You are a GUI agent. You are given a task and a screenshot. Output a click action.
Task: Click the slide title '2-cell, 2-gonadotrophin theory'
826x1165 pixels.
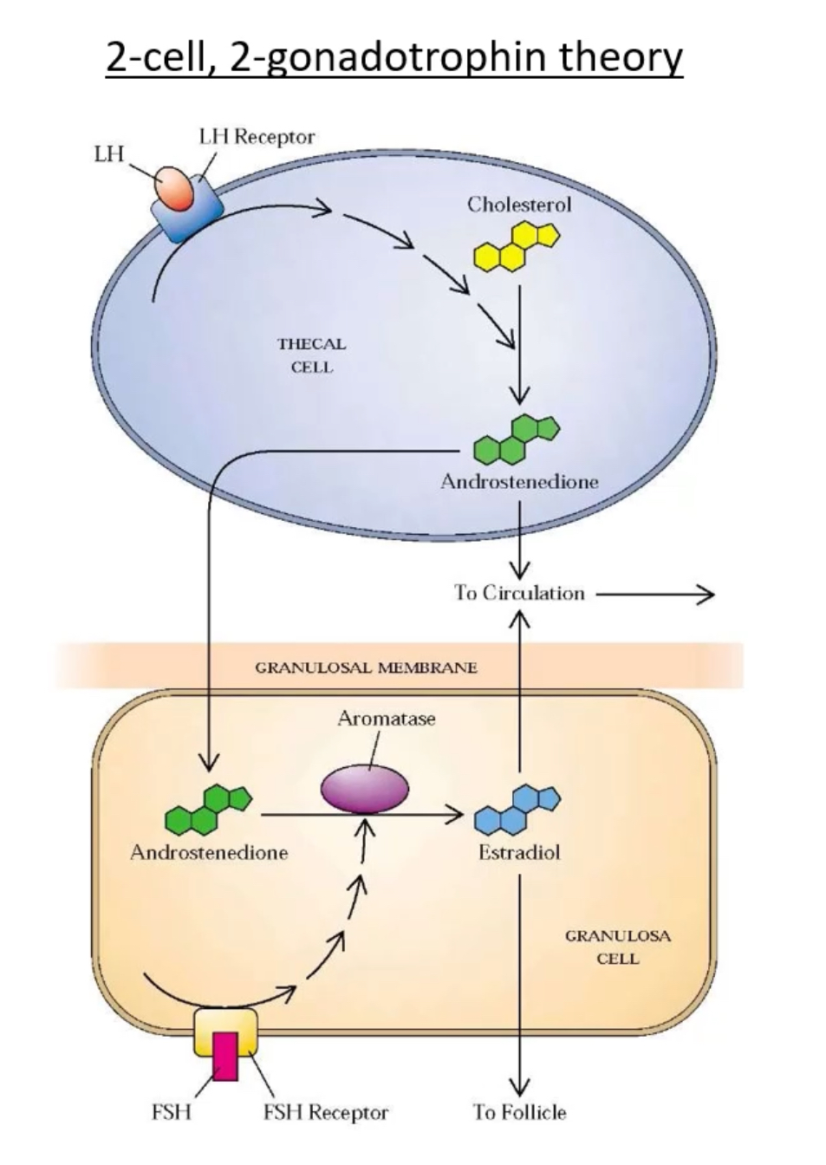coord(394,57)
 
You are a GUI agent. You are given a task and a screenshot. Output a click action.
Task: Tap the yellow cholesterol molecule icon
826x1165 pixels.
coord(517,245)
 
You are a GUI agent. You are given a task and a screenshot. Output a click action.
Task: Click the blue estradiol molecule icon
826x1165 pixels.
coord(517,808)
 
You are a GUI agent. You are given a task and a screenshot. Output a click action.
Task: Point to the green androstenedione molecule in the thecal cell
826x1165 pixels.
coord(517,439)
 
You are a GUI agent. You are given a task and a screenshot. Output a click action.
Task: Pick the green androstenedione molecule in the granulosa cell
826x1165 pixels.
coord(209,809)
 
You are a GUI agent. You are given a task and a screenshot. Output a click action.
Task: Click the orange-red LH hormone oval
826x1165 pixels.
coord(176,188)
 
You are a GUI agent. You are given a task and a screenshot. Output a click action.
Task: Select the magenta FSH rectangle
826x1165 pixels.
coord(225,1056)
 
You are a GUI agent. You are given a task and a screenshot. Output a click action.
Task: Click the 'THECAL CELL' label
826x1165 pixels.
coord(311,355)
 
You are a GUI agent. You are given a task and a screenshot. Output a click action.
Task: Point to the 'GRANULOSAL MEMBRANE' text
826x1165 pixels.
coord(366,667)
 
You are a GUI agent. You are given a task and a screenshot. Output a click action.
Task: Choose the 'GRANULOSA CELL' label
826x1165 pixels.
coord(617,947)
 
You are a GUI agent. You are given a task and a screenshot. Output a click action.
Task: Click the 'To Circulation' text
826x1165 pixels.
coord(519,594)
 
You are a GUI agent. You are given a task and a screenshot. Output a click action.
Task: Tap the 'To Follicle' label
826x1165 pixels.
coord(519,1112)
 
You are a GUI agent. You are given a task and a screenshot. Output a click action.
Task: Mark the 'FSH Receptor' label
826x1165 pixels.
coord(326,1112)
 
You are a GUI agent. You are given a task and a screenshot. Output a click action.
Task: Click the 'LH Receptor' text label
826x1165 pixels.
coord(257,136)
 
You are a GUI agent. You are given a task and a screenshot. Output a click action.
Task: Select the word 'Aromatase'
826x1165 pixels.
coord(387,719)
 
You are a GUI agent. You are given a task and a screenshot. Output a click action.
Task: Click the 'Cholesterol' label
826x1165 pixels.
coord(519,205)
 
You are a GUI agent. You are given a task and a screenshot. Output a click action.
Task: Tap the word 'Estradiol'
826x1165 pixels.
coord(519,853)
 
